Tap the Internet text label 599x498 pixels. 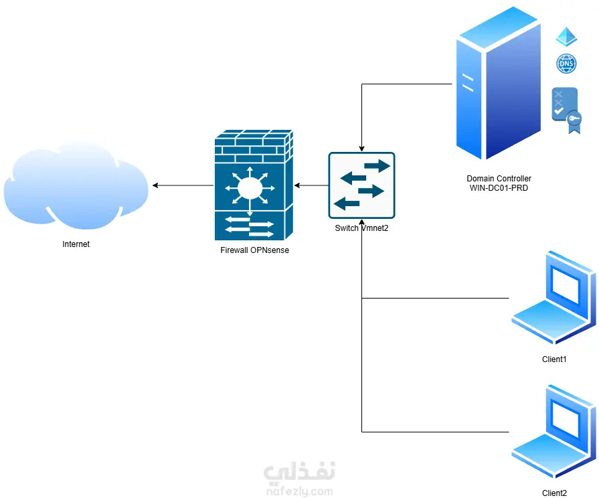pos(76,244)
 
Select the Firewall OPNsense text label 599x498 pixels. pos(254,250)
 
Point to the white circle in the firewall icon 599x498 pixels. pos(248,187)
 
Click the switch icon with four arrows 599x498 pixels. pos(361,185)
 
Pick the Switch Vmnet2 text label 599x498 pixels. pos(361,228)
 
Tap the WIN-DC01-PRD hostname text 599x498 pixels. pos(499,188)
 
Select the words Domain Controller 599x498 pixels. pos(499,179)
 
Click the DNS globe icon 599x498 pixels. pos(566,64)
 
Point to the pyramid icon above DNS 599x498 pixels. pos(566,37)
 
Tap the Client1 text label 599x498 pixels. pos(554,359)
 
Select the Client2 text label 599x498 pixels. pos(554,493)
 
